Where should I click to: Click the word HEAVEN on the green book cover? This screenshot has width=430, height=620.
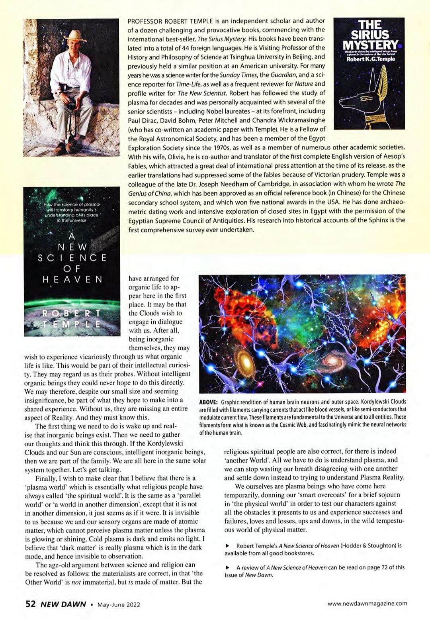72,279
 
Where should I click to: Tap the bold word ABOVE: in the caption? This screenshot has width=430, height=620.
208,402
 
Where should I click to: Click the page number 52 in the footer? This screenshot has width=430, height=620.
31,604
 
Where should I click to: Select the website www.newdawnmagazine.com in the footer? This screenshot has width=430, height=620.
367,603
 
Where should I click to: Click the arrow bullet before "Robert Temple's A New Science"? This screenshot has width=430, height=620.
227,545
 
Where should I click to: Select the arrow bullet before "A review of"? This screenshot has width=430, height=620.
227,567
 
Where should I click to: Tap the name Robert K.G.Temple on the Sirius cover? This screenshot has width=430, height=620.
371,59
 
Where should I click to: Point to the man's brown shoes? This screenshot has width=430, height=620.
66,147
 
